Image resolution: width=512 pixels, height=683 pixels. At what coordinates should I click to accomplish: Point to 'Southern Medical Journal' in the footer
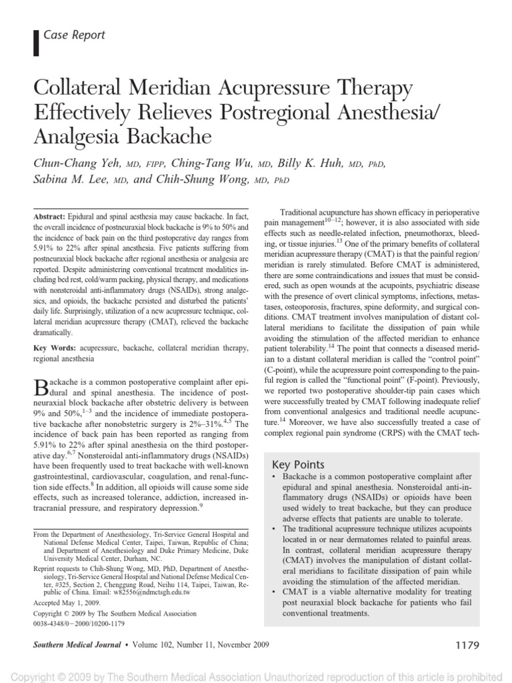[x=76, y=646]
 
